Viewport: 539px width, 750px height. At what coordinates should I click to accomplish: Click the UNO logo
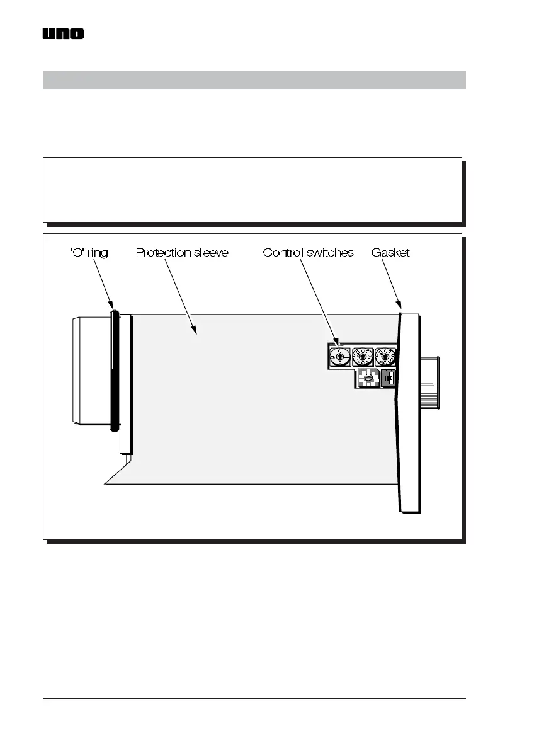click(x=63, y=34)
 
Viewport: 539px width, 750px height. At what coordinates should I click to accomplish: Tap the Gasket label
click(x=390, y=253)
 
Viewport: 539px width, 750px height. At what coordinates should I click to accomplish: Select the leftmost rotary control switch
click(x=340, y=357)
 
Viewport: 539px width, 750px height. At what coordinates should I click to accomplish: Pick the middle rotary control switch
click(x=363, y=357)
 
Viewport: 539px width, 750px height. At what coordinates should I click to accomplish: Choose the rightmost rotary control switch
click(x=385, y=357)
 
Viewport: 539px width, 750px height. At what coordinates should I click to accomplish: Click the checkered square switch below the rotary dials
click(x=367, y=378)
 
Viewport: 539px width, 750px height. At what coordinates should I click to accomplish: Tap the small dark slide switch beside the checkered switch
click(x=387, y=378)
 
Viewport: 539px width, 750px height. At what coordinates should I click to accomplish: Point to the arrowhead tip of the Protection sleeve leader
click(x=196, y=332)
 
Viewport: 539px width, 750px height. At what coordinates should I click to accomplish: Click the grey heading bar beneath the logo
click(x=254, y=80)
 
